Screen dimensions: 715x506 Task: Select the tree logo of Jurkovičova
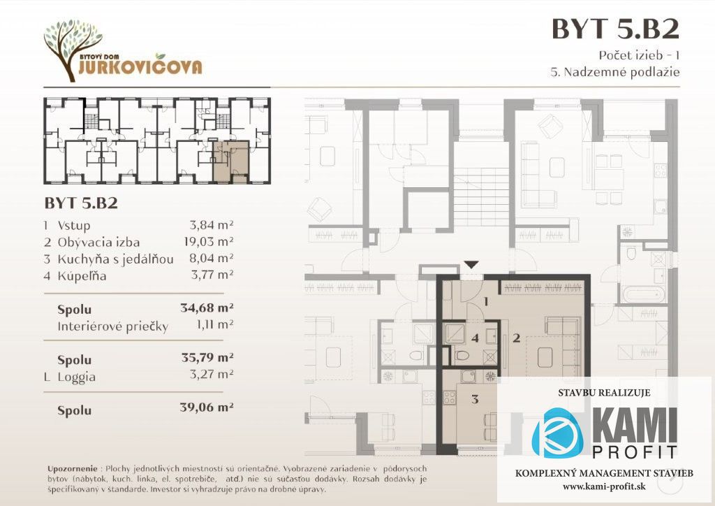(x=73, y=50)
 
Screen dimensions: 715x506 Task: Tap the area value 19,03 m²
(x=209, y=241)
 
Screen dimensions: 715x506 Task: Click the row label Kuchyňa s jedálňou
(x=115, y=259)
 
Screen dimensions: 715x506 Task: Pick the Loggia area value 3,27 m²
(x=212, y=375)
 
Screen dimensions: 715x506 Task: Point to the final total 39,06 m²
(x=207, y=407)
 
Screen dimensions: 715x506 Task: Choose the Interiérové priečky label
(x=112, y=326)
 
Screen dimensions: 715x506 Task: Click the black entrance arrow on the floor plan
(x=471, y=265)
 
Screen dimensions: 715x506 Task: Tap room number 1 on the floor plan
(x=486, y=302)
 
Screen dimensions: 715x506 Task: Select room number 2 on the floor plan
(x=516, y=338)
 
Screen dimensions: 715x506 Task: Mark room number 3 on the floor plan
(x=475, y=399)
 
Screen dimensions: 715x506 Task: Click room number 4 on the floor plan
(x=475, y=338)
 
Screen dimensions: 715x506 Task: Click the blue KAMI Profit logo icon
(x=557, y=433)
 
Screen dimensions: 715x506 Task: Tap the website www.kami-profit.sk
(x=604, y=486)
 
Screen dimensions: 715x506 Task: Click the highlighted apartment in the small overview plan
(x=230, y=162)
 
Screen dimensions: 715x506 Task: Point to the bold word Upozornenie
(x=73, y=468)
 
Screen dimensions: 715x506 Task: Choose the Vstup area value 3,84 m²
(x=212, y=225)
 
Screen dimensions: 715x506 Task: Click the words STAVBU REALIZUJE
(x=604, y=393)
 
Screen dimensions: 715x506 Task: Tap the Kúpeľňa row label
(x=82, y=276)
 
